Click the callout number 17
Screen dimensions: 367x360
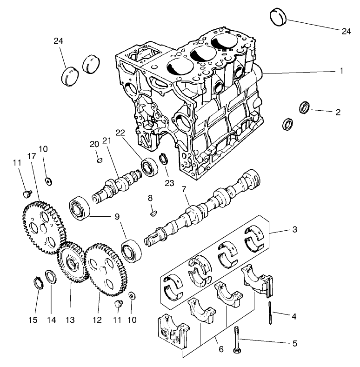[x=32, y=156]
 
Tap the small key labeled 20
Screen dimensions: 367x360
[x=99, y=160]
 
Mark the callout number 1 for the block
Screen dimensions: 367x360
[x=341, y=71]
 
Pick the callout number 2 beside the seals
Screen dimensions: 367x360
[x=338, y=112]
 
